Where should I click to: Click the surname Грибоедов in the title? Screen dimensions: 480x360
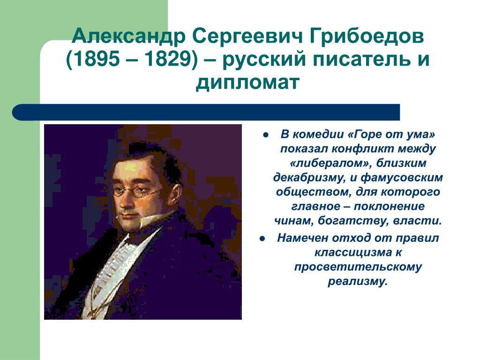coord(367,37)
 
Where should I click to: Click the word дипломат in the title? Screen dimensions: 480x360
coord(247,82)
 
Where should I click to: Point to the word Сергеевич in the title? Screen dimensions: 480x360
coord(247,37)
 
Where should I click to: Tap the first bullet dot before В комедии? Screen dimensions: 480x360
coord(265,135)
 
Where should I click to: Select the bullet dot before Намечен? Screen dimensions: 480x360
coord(262,239)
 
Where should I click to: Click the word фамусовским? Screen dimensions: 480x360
coord(402,178)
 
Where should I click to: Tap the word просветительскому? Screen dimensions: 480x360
coord(358,267)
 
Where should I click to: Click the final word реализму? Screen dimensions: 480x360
coord(358,282)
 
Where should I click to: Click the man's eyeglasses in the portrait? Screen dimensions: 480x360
coord(136,191)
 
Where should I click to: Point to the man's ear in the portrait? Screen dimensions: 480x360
coord(175,196)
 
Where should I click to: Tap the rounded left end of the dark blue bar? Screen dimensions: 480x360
coord(15,112)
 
